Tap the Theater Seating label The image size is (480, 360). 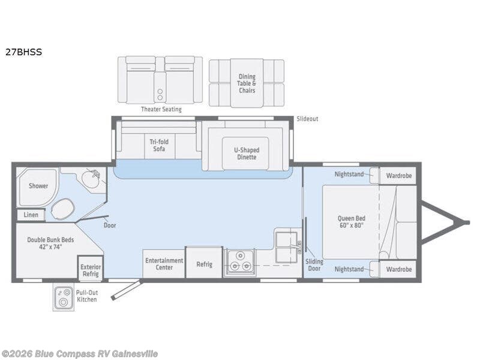coord(161,109)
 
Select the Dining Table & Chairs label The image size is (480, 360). coord(247,83)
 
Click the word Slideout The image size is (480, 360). coord(307,119)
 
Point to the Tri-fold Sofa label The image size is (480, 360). coord(158,145)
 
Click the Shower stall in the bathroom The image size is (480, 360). coord(38,186)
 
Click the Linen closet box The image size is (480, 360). coord(31,215)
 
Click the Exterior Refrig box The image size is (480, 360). coord(91,270)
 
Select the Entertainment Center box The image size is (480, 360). coord(163,264)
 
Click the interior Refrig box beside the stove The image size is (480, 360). coord(204,264)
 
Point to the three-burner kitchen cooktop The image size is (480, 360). coord(240,263)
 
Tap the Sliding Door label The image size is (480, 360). coord(314,265)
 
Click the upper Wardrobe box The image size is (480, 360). coord(398,176)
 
